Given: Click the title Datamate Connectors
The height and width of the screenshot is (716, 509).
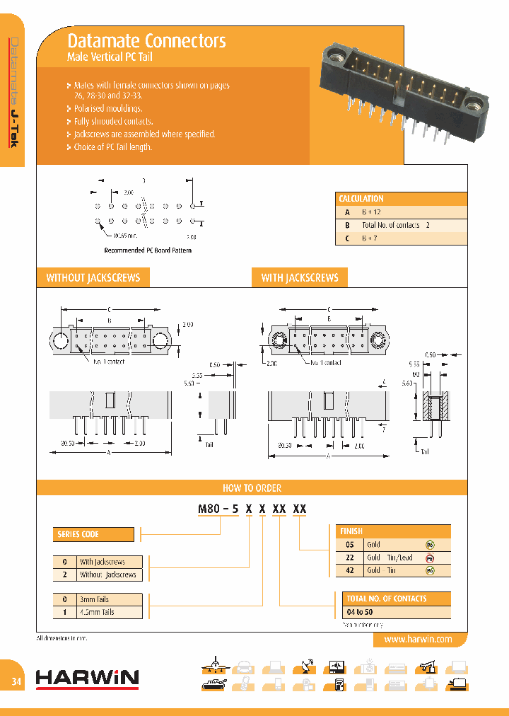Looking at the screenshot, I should [146, 40].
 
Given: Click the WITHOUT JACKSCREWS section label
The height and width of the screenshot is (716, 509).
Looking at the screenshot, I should [93, 277].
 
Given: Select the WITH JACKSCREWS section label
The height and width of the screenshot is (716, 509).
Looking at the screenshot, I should [300, 277].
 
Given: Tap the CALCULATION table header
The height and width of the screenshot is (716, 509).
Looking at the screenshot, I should [361, 199].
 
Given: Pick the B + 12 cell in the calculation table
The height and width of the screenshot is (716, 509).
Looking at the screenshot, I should [372, 212].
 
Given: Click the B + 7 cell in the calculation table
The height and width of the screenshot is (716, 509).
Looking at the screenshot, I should [370, 238].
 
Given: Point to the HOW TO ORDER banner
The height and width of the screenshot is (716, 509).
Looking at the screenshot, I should [252, 487].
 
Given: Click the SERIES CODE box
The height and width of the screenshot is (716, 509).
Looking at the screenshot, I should [93, 534].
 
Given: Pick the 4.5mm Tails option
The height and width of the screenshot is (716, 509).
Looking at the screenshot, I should [97, 612].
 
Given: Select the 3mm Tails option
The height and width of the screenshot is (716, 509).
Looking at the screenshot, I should [95, 599].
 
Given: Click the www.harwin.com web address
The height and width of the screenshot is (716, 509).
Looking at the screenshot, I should [418, 639].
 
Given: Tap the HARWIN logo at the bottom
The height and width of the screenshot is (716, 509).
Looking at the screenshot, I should [87, 679].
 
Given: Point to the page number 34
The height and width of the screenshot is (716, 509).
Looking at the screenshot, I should [16, 681].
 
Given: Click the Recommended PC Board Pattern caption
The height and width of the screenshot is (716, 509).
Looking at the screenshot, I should [148, 250].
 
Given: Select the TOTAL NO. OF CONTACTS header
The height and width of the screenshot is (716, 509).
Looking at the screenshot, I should [386, 599].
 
